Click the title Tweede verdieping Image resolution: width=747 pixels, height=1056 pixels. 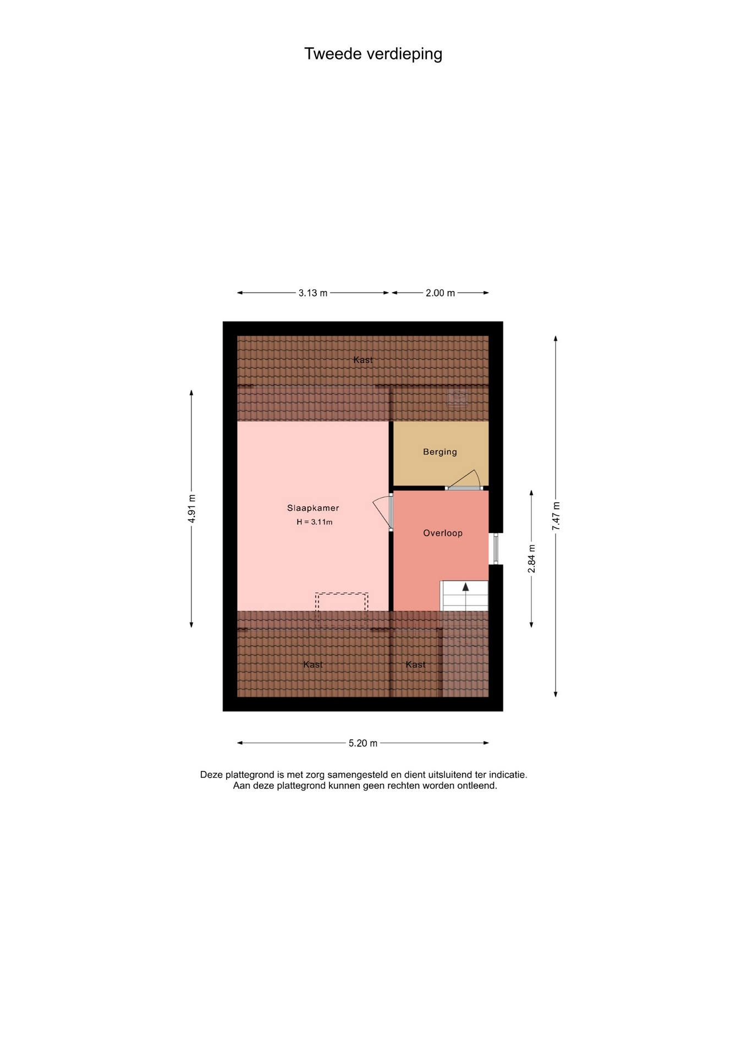point(373,54)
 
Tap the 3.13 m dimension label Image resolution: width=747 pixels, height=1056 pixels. point(313,293)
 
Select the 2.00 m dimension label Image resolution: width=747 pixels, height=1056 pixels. point(440,293)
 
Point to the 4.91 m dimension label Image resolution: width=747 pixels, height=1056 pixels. point(191,509)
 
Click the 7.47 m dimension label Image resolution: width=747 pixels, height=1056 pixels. point(556,516)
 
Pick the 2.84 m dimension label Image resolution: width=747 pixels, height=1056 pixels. point(531,559)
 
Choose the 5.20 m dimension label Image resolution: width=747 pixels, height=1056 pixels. point(363,743)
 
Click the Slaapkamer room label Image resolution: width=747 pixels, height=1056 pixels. point(313,508)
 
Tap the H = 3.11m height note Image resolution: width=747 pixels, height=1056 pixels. point(315,522)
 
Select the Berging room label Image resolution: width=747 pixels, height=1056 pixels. point(440,452)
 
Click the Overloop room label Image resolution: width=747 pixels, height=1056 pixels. point(443,533)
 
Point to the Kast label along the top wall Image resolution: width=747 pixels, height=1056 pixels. point(363,360)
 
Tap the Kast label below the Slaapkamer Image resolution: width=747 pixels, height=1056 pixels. point(313,664)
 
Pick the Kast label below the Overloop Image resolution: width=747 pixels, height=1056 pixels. point(416,664)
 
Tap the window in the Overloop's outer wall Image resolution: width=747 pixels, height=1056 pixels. point(496,549)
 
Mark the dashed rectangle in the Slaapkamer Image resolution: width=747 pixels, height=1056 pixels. point(342,610)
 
